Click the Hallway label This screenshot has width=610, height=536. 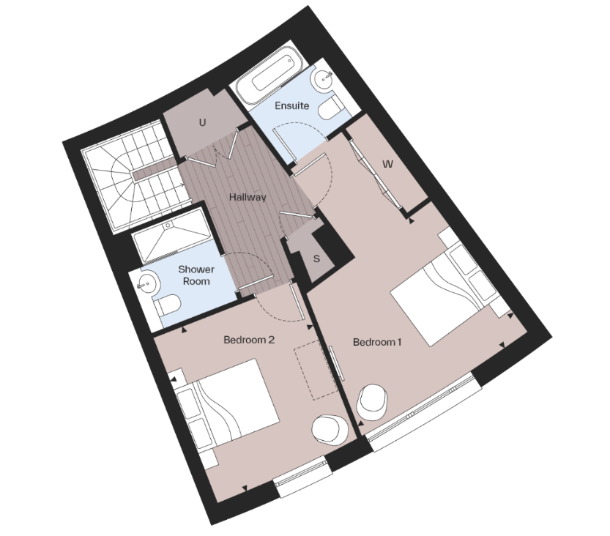click(x=247, y=197)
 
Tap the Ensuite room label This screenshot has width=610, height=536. click(x=291, y=105)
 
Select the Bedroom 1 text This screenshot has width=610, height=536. click(x=377, y=342)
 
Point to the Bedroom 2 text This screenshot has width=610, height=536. click(x=249, y=340)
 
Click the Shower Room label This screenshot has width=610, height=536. click(x=196, y=275)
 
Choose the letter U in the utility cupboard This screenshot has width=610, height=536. click(x=202, y=122)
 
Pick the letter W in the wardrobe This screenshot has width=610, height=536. click(x=388, y=164)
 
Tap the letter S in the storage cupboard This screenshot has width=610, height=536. click(x=316, y=258)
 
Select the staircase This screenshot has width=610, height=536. click(x=132, y=179)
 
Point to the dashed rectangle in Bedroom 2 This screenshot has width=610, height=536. click(x=313, y=370)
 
